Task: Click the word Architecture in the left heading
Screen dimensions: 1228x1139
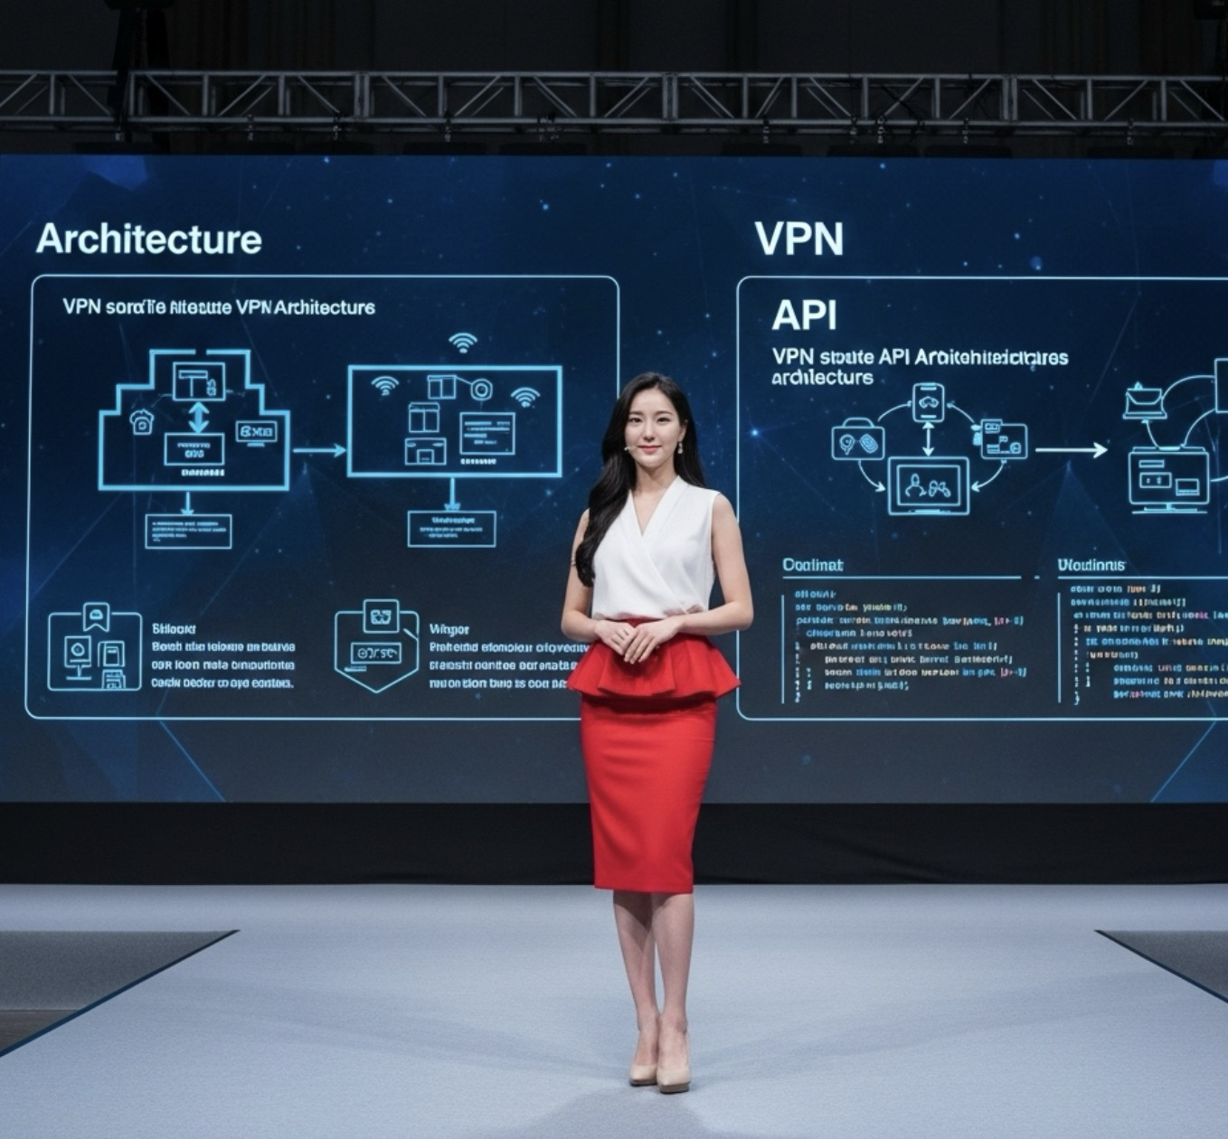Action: tap(149, 240)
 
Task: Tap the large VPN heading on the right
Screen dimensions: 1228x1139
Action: tap(798, 240)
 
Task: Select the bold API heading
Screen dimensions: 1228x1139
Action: tap(804, 315)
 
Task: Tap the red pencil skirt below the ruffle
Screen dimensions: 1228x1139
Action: tap(647, 786)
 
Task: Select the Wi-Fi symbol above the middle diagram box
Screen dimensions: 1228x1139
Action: tap(463, 343)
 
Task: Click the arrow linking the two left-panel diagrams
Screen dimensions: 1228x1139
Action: tap(319, 449)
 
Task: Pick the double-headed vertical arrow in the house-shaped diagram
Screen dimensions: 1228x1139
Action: tap(198, 417)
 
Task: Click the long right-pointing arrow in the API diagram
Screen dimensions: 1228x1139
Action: tap(1071, 449)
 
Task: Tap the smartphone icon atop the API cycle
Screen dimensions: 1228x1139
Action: tap(928, 401)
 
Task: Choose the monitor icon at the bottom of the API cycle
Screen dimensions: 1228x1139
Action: tap(928, 485)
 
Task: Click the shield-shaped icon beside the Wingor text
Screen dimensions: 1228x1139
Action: tap(377, 645)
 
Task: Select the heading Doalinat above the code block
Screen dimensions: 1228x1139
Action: tap(812, 565)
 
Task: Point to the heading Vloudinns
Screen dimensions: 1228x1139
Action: tap(1091, 565)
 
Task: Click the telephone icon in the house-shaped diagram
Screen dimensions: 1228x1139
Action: tap(142, 421)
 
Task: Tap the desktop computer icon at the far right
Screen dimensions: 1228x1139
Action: tap(1168, 479)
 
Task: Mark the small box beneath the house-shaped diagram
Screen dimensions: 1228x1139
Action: tap(188, 532)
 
